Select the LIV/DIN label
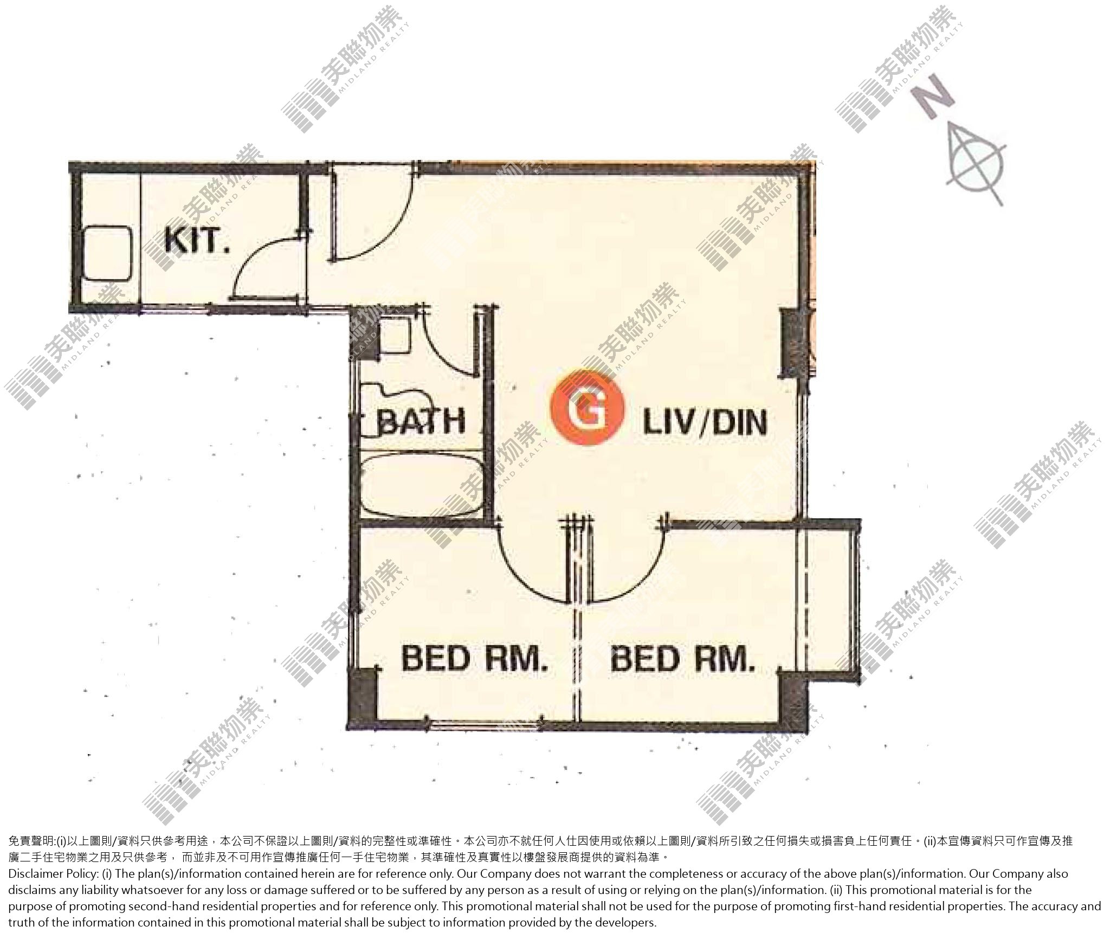705,423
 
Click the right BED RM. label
683,659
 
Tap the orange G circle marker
587,408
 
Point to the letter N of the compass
933,101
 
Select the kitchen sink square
107,254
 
